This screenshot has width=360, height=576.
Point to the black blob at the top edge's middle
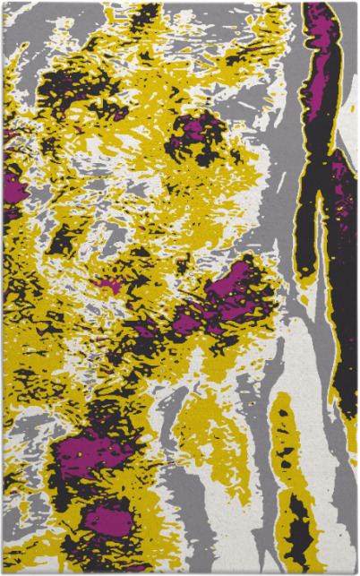click(143, 13)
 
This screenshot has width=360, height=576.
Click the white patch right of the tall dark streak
click(348, 107)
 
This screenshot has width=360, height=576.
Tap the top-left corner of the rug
click(3, 3)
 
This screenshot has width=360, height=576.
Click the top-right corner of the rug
click(356, 3)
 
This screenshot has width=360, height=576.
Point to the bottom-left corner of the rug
click(3, 572)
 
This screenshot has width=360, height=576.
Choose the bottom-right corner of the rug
click(356, 572)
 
